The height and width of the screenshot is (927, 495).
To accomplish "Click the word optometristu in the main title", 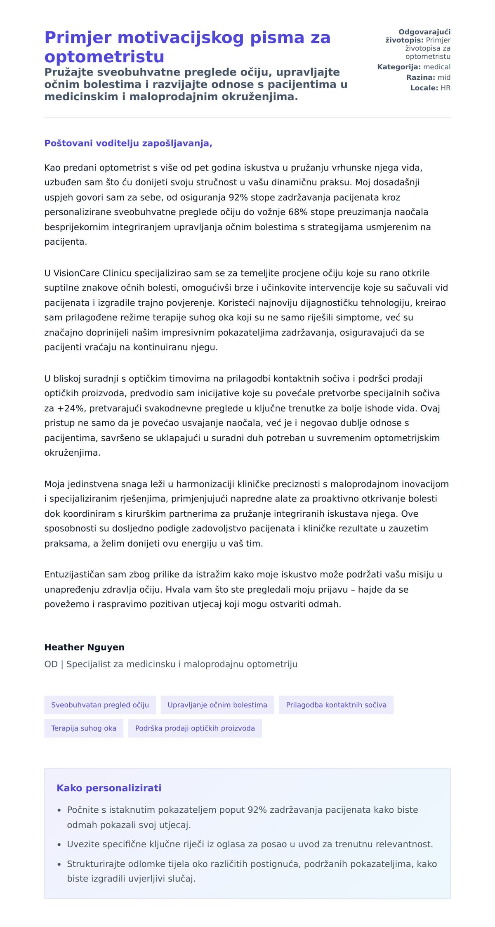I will point(104,57).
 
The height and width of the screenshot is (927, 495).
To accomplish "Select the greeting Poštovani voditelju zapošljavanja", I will point(128,143).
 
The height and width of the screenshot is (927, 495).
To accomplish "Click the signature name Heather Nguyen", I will point(84,647).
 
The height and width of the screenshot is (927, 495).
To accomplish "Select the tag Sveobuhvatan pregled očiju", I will point(100,705).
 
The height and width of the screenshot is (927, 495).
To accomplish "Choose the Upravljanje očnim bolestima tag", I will point(217,705).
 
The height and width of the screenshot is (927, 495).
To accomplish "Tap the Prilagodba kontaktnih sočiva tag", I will point(336,705).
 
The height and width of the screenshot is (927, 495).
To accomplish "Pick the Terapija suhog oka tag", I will point(84,728).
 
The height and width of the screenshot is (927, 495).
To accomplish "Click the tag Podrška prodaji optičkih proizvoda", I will point(195,728).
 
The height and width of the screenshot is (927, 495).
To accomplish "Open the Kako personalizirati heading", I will point(109,788).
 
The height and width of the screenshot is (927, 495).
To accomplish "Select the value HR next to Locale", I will point(445,88).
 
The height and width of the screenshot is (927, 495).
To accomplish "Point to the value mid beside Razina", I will point(444,78).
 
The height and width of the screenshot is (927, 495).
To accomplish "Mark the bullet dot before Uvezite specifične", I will point(59,844).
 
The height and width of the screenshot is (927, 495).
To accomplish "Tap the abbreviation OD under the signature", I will point(51,664).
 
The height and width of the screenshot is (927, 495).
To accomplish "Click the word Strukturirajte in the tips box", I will point(96,864).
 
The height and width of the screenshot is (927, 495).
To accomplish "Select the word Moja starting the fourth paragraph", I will point(54,484).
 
